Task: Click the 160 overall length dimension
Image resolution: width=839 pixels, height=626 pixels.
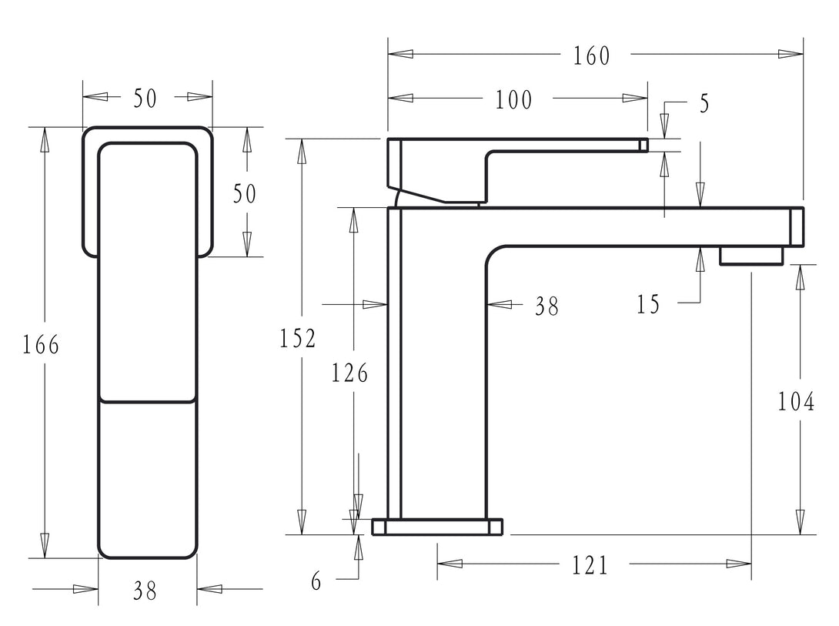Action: (591, 55)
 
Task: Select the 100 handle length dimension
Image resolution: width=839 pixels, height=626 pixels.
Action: (513, 99)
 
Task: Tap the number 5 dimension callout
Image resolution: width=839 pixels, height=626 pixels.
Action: (704, 104)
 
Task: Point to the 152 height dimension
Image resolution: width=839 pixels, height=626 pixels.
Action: (298, 338)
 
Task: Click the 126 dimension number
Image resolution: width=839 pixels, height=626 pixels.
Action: (350, 373)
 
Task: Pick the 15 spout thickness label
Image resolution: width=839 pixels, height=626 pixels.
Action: (648, 304)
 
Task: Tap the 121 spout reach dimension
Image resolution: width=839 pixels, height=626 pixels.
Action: (590, 565)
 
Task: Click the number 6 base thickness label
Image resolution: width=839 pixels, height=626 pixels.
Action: (316, 581)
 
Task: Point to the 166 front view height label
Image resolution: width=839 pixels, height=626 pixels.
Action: (40, 344)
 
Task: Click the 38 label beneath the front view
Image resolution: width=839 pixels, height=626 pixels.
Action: (145, 591)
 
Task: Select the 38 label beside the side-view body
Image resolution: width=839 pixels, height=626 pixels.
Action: (547, 306)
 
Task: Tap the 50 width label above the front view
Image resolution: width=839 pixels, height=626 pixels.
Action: (145, 98)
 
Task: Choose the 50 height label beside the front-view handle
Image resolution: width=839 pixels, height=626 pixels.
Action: (245, 193)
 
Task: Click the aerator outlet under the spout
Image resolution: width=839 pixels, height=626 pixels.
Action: (750, 256)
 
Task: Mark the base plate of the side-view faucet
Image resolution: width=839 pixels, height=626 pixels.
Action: (438, 527)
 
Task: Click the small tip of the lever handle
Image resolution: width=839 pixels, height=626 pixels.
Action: (643, 145)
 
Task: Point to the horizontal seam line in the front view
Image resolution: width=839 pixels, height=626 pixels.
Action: (147, 401)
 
